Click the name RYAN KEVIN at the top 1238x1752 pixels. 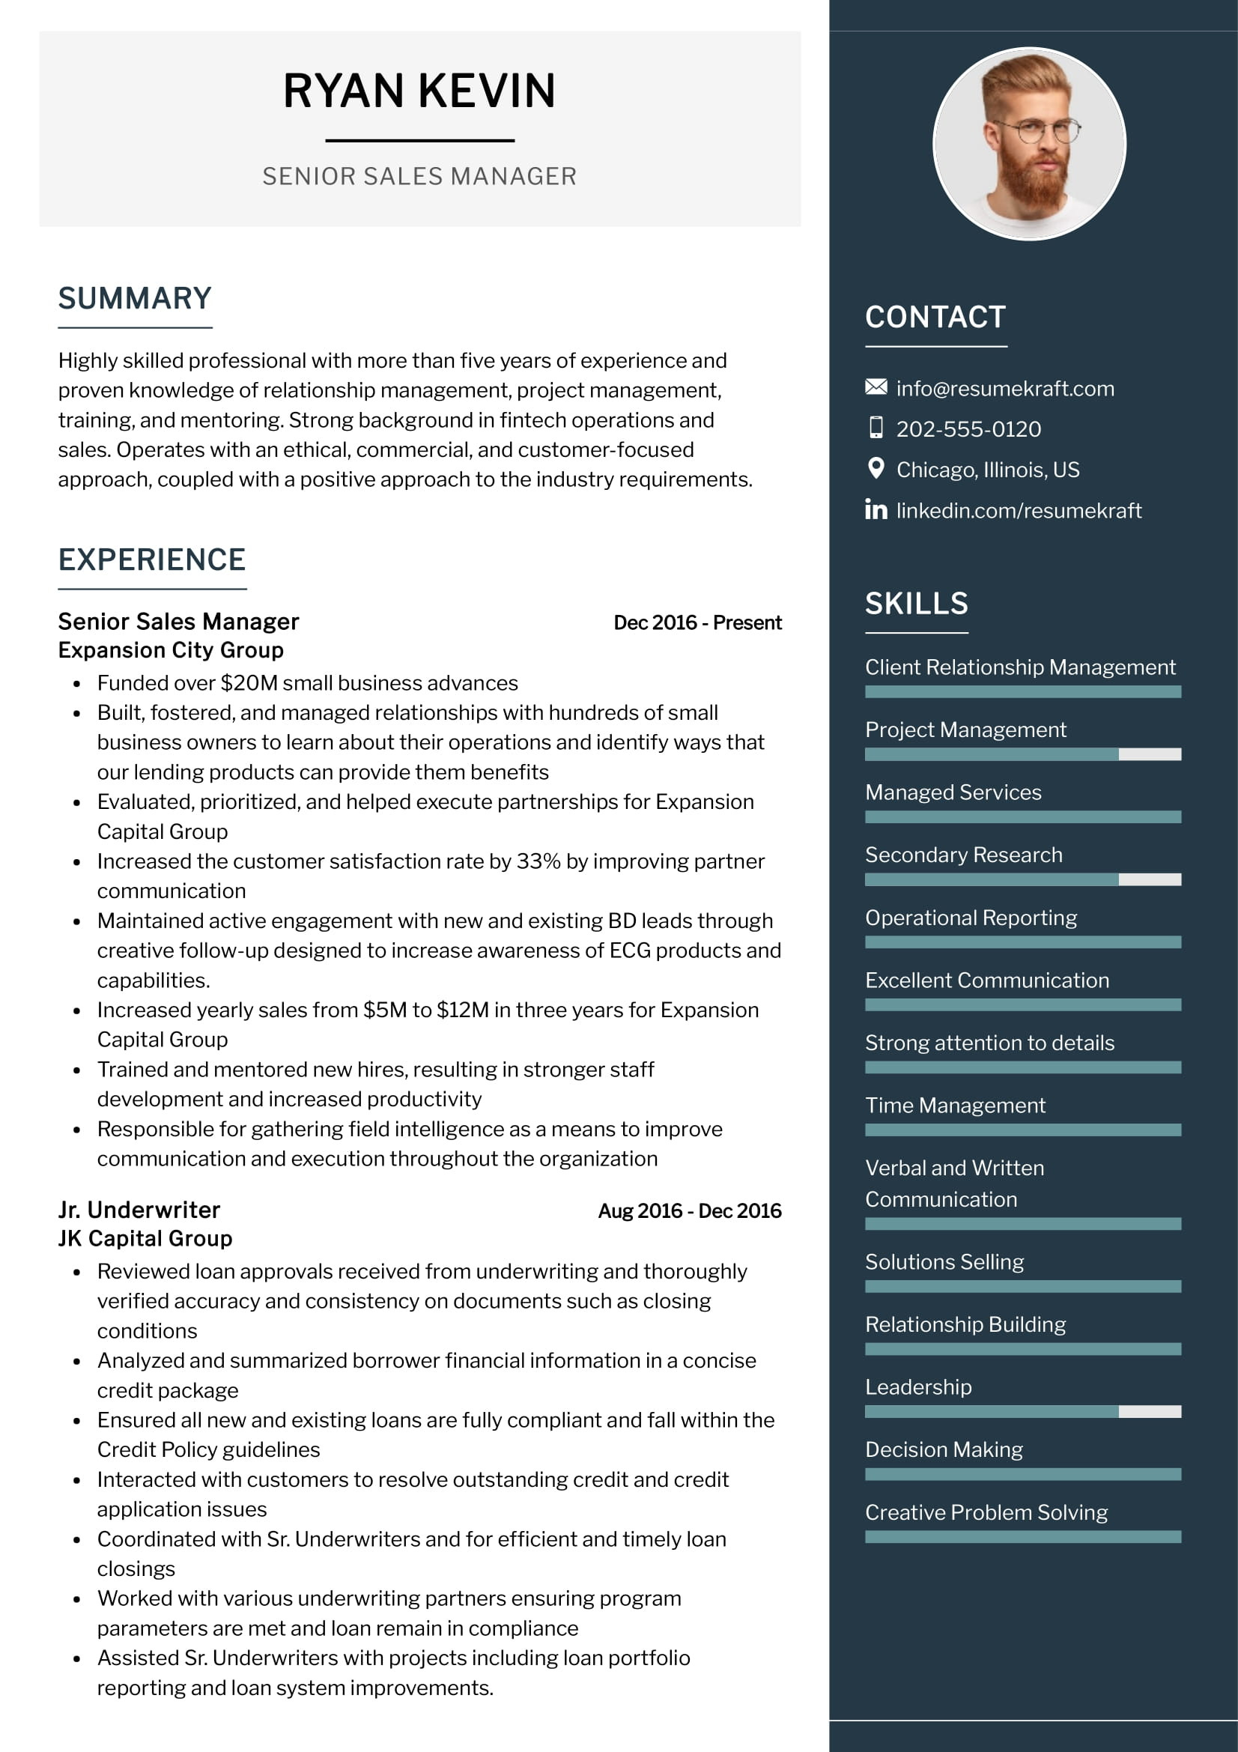pyautogui.click(x=419, y=91)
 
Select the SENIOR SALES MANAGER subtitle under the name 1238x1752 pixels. pyautogui.click(x=419, y=176)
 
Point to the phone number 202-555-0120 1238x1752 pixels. pyautogui.click(x=968, y=429)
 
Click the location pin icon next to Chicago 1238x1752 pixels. pyautogui.click(x=876, y=467)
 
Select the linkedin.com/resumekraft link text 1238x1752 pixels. pyautogui.click(x=1019, y=511)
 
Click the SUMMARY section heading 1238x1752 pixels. pyautogui.click(x=135, y=298)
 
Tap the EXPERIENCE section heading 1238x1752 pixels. pyautogui.click(x=152, y=560)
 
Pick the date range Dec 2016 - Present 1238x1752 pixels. pyautogui.click(x=697, y=622)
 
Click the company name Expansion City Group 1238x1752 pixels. pyautogui.click(x=171, y=650)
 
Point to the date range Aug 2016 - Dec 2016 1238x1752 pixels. pyautogui.click(x=690, y=1211)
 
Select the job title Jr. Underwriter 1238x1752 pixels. pyautogui.click(x=139, y=1210)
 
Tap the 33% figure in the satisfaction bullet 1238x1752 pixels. pyautogui.click(x=538, y=861)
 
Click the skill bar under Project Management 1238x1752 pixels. pyautogui.click(x=1022, y=754)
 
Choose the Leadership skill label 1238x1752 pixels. pyautogui.click(x=917, y=1386)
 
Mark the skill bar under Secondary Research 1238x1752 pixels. pyautogui.click(x=1022, y=879)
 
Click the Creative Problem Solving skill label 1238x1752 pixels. pyautogui.click(x=986, y=1512)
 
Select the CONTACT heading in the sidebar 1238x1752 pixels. pyautogui.click(x=935, y=318)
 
